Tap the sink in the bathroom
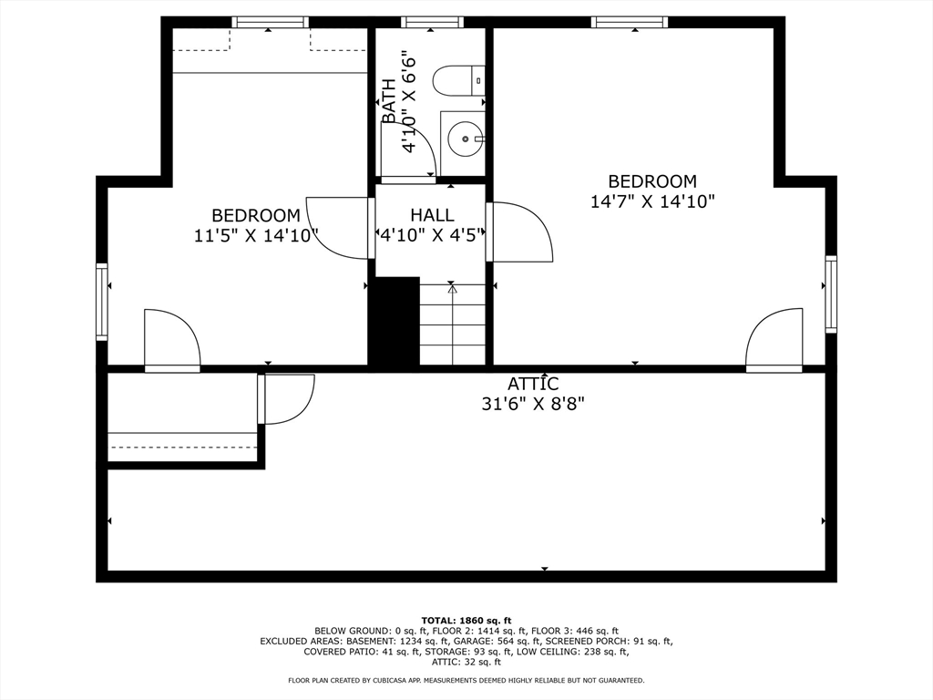tap(466, 139)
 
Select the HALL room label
tap(432, 215)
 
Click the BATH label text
tap(389, 101)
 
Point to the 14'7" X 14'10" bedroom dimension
tap(652, 201)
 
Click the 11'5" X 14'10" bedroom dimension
tap(256, 236)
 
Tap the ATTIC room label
tap(533, 385)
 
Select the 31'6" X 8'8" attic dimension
tap(533, 404)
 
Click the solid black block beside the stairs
tap(394, 322)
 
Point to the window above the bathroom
tap(432, 23)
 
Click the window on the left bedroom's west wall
tap(102, 302)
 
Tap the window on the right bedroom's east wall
tap(831, 293)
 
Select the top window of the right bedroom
tap(630, 23)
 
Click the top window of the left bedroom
tap(270, 23)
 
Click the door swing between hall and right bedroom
tap(521, 232)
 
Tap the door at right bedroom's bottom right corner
tap(774, 341)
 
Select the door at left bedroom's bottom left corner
tap(171, 341)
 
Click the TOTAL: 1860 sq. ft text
tap(466, 620)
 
